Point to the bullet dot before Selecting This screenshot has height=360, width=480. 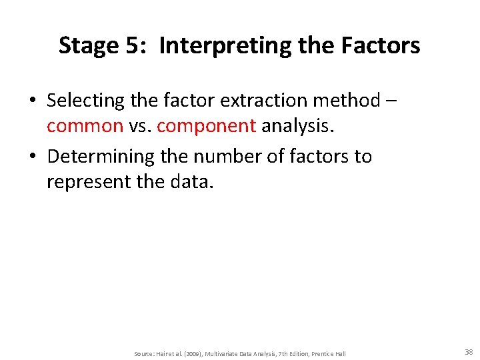coord(32,101)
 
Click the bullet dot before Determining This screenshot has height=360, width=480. coord(32,157)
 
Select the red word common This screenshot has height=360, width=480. coord(85,126)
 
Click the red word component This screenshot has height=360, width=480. coord(206,126)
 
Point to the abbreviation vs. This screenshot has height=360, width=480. coord(140,126)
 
